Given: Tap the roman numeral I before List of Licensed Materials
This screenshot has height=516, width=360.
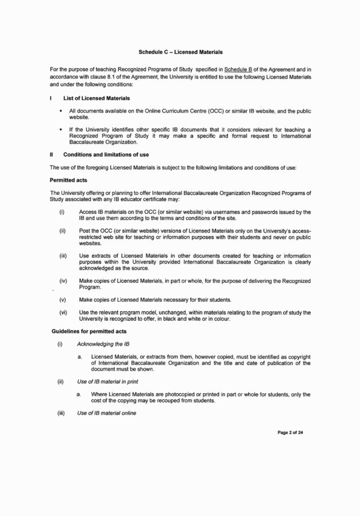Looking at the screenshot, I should click(x=51, y=98).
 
